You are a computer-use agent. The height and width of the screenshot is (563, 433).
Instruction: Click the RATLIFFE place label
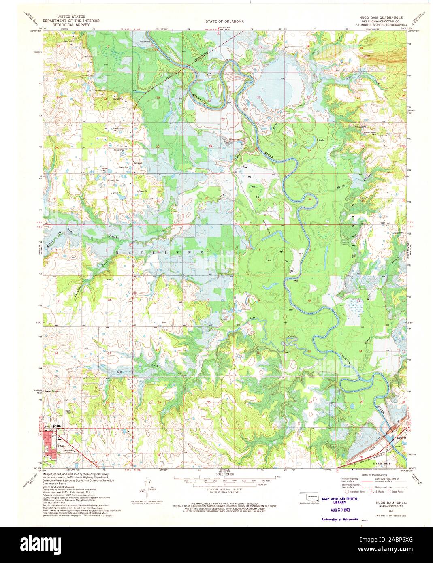click(x=159, y=252)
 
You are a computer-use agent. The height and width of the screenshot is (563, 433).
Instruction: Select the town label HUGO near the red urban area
click(x=61, y=446)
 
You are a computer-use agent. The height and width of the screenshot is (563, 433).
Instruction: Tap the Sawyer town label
click(x=401, y=438)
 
